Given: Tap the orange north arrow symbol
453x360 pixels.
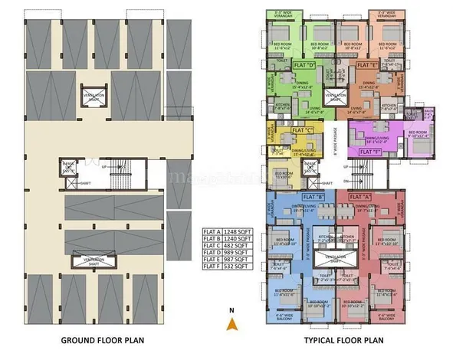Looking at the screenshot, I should (229, 322).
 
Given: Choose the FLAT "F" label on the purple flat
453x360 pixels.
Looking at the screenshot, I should (371, 152).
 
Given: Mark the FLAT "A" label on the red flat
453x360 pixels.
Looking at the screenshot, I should (360, 197).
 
